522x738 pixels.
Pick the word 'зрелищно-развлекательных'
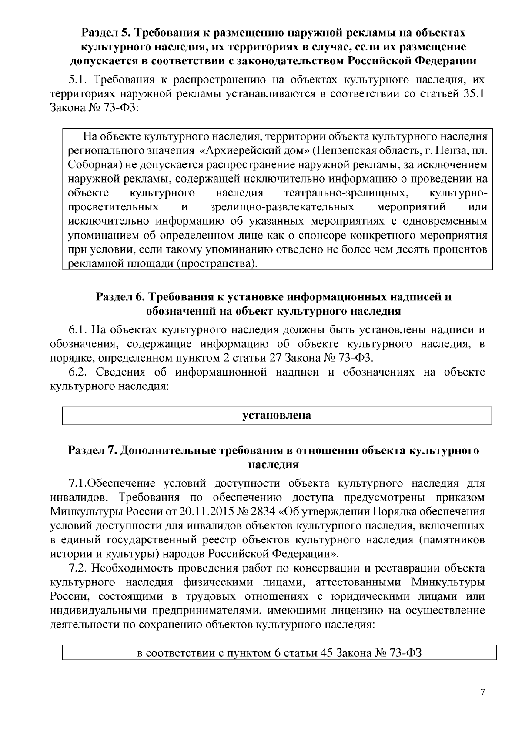(282, 207)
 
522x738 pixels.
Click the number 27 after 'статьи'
(291, 358)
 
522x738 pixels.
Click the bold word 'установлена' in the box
(277, 415)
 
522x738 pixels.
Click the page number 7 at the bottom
(482, 693)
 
